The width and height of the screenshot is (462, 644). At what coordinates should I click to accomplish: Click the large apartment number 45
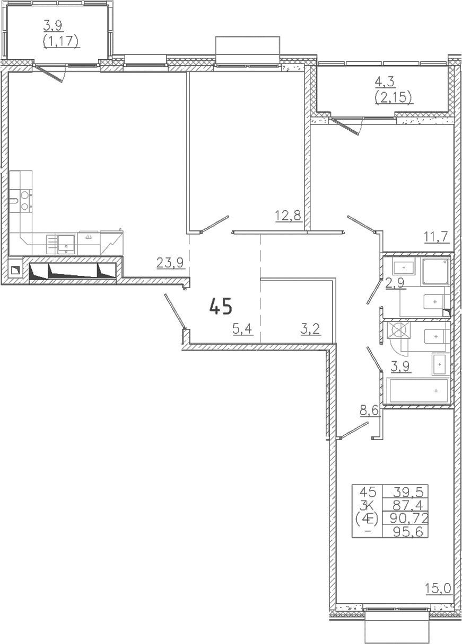click(x=221, y=306)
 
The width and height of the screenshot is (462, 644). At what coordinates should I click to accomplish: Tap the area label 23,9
click(x=170, y=263)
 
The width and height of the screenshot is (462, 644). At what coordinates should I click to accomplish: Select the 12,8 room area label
click(x=289, y=216)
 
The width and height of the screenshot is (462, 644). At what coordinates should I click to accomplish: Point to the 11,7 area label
click(x=437, y=237)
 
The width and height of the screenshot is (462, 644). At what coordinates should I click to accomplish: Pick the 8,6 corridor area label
click(x=370, y=411)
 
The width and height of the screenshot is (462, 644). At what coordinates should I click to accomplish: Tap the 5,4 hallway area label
click(x=243, y=329)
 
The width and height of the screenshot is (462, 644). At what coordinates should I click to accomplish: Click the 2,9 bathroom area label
click(x=396, y=283)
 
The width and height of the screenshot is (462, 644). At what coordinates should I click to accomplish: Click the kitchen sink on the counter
click(x=67, y=244)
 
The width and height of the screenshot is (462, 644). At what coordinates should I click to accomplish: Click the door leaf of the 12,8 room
click(x=215, y=223)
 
